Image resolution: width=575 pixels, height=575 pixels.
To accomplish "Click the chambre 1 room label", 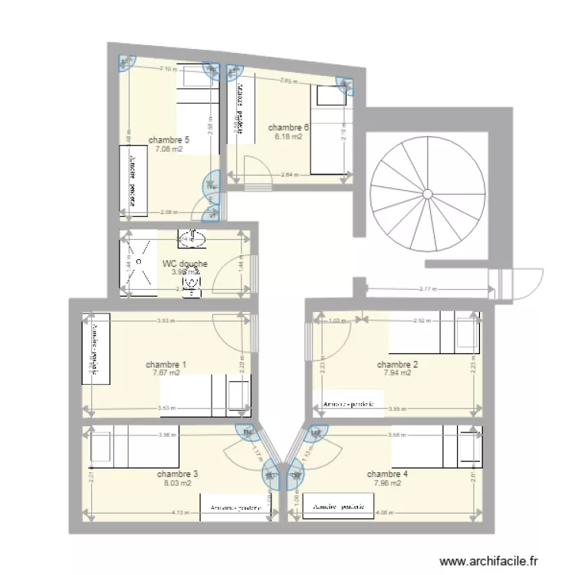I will (166, 364).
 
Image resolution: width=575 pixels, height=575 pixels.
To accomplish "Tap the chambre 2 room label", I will (397, 364).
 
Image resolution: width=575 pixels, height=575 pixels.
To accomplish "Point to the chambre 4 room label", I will (387, 474).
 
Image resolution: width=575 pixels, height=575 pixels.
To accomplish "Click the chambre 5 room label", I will (169, 140).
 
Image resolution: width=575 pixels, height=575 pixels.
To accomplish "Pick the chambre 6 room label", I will (288, 127).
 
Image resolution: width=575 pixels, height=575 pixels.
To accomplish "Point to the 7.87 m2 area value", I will (166, 373).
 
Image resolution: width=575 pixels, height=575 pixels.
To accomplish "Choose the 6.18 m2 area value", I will (288, 137).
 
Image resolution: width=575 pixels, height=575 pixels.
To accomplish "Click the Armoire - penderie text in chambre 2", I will (348, 403).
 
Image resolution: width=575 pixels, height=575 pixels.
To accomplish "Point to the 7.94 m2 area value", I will (397, 373).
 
